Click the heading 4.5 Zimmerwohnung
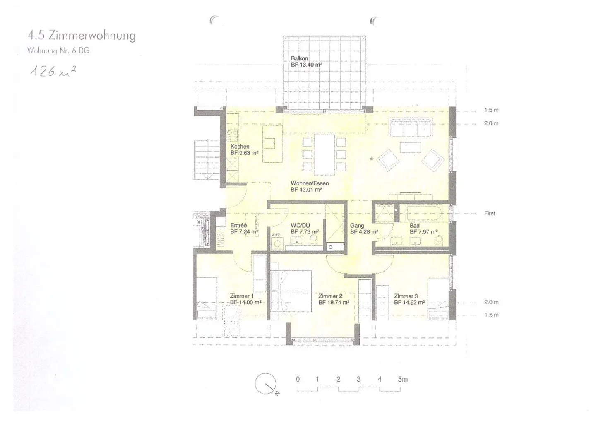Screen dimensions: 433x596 coord(82,36)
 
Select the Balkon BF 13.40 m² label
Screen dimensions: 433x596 coord(306,62)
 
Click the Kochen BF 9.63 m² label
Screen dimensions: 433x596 coord(244,149)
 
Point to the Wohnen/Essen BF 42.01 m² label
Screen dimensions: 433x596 coord(309,186)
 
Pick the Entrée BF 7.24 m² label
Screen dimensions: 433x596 coord(244,229)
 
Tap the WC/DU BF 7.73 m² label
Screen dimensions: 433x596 coord(304,229)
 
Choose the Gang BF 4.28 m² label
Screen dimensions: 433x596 coord(364,229)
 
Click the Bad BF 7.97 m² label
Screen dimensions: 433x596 coord(423,229)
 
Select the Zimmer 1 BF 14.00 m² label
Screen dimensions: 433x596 coord(245,299)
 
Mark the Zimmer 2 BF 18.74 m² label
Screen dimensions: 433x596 coord(334,299)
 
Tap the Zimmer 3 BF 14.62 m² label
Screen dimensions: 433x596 coord(409,299)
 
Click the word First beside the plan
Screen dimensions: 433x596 coord(490,213)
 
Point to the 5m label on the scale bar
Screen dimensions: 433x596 coord(402,379)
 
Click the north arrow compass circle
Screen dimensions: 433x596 coord(265,383)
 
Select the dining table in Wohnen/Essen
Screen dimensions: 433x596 coord(324,154)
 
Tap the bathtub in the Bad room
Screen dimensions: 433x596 coord(424,213)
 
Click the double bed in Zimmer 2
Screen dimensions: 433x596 coord(291,291)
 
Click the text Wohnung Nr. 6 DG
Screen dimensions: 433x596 coord(58,51)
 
